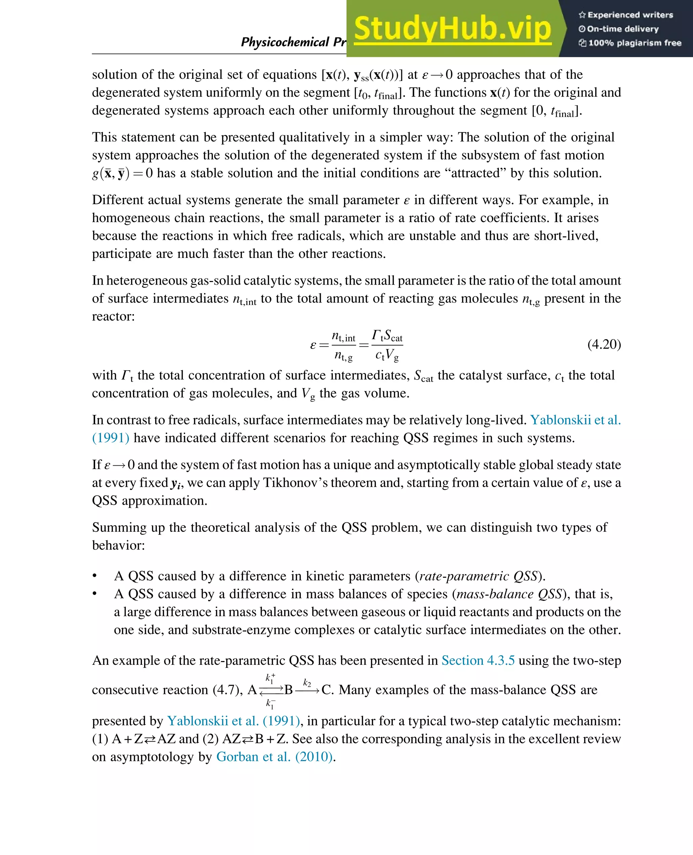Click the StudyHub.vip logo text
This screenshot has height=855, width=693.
tap(452, 29)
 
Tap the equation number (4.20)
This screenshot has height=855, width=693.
tap(604, 344)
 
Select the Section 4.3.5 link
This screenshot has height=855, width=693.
tap(478, 660)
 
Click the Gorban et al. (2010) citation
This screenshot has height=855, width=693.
tap(274, 757)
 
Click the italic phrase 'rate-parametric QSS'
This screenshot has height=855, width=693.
tap(478, 576)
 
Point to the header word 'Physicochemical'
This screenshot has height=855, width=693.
tap(285, 42)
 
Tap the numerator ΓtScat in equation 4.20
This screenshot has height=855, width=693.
tap(387, 336)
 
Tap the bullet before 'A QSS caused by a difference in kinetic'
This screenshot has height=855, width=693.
tap(95, 576)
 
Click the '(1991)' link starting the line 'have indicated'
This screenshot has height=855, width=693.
tap(111, 438)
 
